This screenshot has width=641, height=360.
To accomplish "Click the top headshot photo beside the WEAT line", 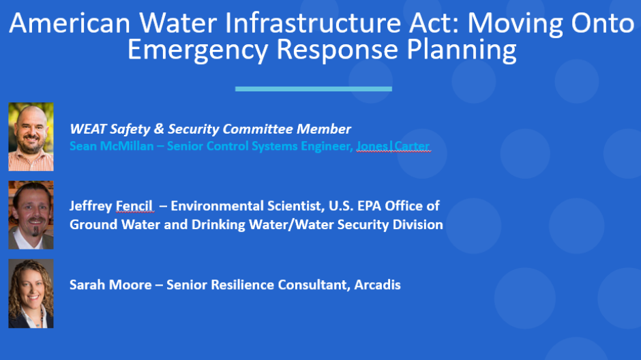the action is tap(31, 136).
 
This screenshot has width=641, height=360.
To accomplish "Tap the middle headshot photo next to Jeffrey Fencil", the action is tap(31, 215).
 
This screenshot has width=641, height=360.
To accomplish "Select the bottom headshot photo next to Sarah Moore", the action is tap(31, 293).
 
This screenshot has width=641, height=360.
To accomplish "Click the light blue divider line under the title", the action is tap(314, 89).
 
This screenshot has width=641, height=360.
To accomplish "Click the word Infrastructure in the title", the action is tap(313, 23).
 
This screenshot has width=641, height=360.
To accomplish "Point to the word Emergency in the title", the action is tap(198, 50).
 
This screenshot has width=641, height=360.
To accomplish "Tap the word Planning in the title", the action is tap(462, 50).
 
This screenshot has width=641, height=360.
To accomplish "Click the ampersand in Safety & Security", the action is tap(159, 129).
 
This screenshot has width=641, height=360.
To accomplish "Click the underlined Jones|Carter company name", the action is tap(393, 146).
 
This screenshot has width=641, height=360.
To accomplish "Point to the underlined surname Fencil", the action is tap(134, 205).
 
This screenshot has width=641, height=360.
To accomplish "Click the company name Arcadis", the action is tap(377, 285).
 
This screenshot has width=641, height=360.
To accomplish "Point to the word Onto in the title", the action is tap(603, 23).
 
